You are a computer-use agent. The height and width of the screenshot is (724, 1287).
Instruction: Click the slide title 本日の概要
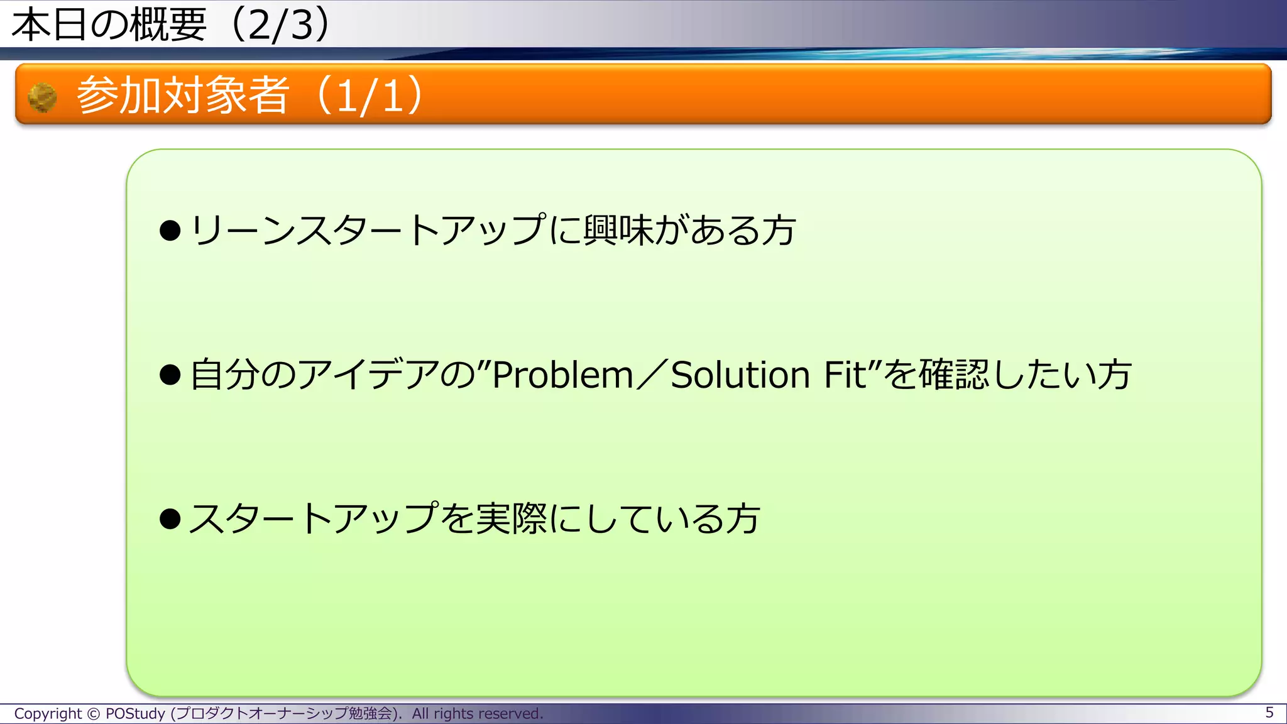[109, 25]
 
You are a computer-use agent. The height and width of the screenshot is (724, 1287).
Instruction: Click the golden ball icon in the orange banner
[43, 97]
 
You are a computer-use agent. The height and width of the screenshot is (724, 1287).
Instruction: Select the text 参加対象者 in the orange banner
[183, 96]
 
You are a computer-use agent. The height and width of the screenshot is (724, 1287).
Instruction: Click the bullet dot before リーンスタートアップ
[170, 231]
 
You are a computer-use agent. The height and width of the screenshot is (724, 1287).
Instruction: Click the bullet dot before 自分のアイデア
[170, 375]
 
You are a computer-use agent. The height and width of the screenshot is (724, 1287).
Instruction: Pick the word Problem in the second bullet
[562, 375]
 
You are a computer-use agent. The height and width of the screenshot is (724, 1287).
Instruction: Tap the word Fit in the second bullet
[845, 375]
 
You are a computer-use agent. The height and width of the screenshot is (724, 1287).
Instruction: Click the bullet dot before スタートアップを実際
[170, 519]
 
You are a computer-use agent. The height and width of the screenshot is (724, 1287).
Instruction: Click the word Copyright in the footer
[48, 714]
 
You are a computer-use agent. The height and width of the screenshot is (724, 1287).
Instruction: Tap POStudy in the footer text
[135, 714]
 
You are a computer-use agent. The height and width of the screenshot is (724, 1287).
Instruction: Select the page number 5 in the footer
[1269, 713]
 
